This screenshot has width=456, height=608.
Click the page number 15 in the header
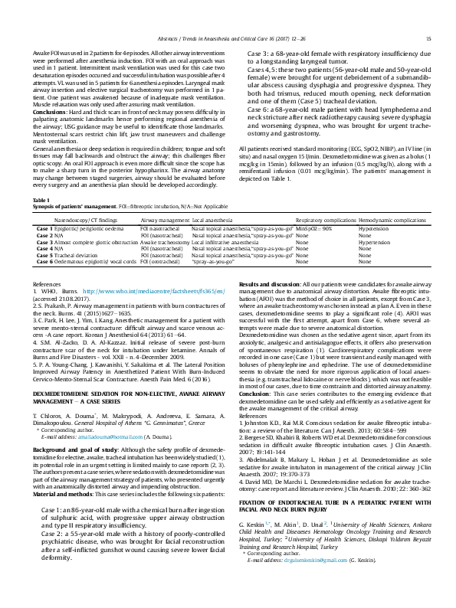pos(428,38)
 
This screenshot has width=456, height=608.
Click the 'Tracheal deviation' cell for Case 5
pos(80,255)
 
